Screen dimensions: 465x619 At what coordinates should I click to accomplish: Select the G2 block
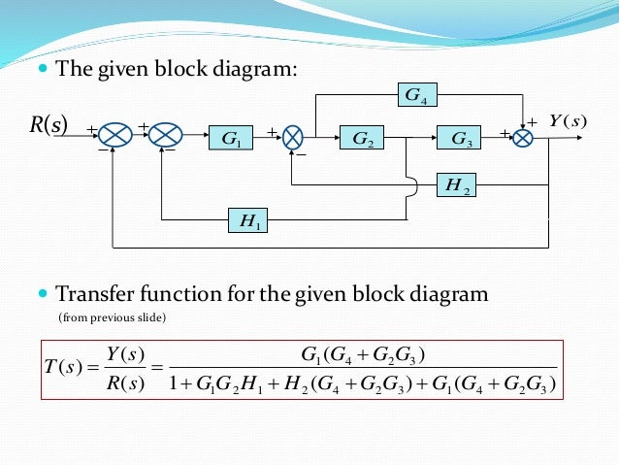(363, 140)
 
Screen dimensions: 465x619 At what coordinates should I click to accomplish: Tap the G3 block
(462, 140)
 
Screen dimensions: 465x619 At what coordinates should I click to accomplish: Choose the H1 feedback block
(248, 221)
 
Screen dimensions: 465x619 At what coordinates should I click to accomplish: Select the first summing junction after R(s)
(115, 138)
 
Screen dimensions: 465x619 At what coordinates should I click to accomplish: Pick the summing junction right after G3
(523, 139)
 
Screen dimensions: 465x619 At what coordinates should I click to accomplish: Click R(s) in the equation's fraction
(126, 386)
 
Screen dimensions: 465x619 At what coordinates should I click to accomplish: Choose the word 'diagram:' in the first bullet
(255, 70)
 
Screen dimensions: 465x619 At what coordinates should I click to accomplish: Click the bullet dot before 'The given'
(42, 70)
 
